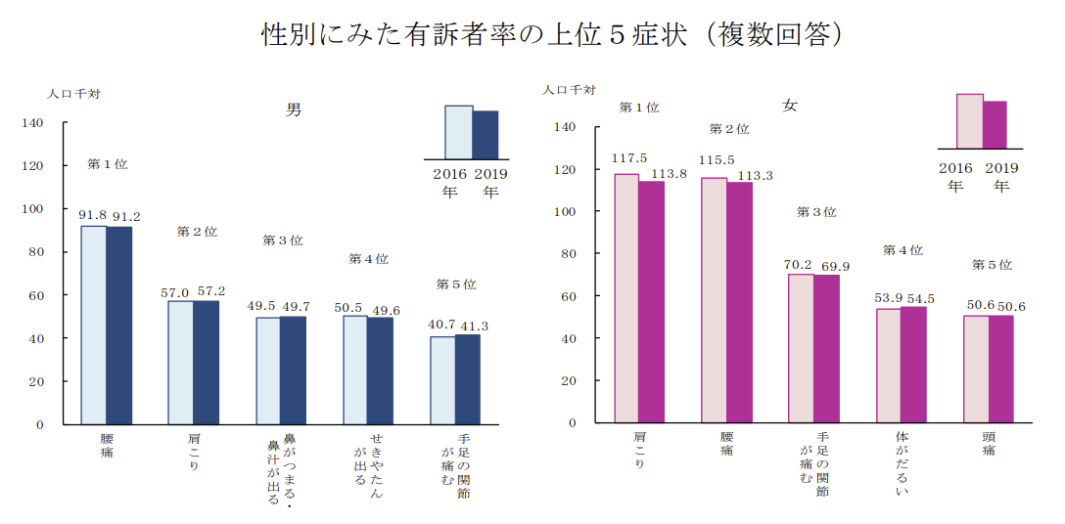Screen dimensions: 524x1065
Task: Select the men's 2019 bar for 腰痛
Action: click(119, 325)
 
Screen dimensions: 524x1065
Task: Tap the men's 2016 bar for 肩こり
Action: click(180, 362)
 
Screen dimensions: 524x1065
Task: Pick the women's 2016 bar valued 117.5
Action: click(625, 298)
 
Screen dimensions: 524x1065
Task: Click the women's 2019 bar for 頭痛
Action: click(1001, 369)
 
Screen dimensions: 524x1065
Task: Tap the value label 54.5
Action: click(916, 298)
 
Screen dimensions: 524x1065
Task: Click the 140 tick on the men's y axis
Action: click(33, 123)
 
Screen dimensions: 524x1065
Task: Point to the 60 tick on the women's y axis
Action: click(568, 296)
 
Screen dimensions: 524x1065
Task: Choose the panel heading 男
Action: click(293, 109)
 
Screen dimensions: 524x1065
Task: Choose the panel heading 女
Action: click(789, 106)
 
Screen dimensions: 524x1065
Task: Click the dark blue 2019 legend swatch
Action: click(486, 134)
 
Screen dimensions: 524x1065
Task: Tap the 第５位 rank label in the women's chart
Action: click(992, 265)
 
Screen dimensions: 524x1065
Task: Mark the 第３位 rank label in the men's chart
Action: click(282, 240)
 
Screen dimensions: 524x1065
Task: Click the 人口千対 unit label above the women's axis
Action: click(570, 90)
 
